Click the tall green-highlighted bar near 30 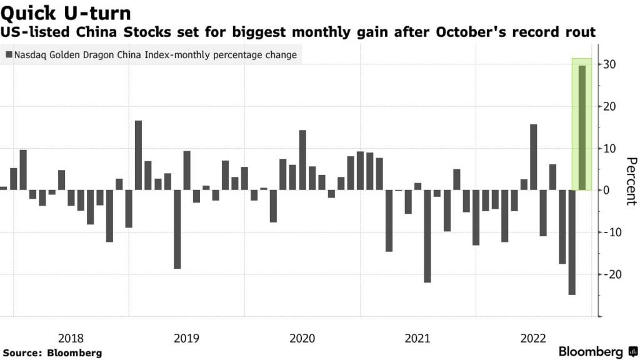point(582,127)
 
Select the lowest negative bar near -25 point(572,242)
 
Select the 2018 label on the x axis point(71,338)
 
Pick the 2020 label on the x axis point(302,338)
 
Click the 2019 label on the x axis point(186,338)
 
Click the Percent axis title point(630,180)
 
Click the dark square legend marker point(7,55)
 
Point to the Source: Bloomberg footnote point(52,352)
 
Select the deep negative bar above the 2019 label point(177,229)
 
